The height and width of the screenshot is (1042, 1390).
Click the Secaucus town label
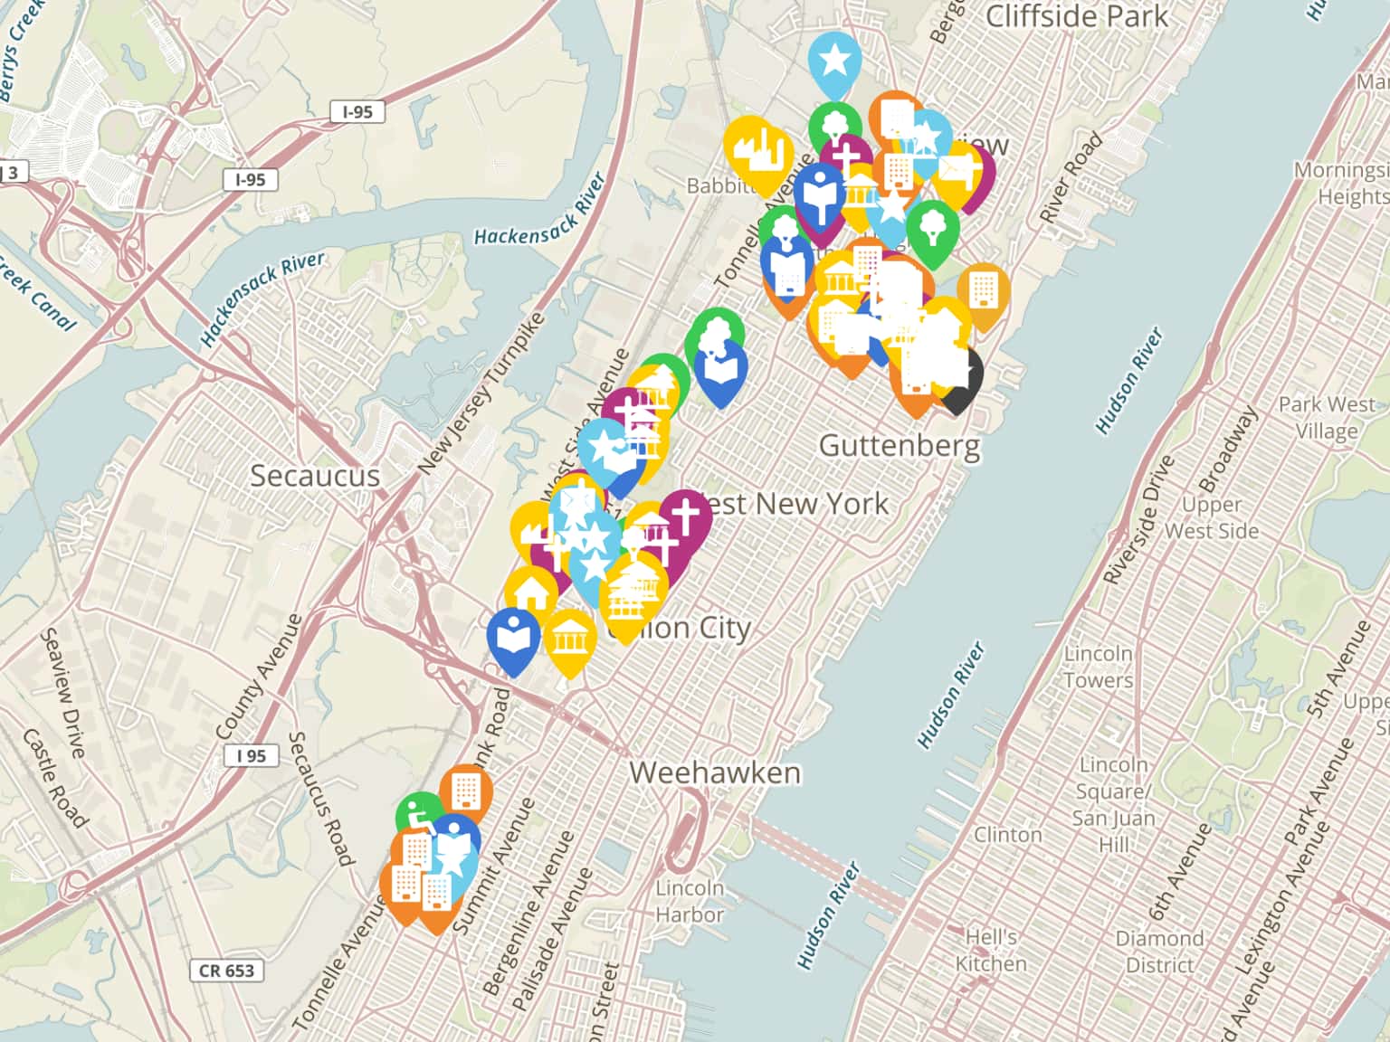314,476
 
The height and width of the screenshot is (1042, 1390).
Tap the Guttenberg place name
899,445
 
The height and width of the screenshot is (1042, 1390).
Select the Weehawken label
715,772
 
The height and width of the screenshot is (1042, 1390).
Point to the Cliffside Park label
1077,16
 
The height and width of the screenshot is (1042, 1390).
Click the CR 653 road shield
226,971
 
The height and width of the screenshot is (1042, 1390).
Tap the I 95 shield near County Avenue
251,755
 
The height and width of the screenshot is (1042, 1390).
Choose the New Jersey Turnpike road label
481,393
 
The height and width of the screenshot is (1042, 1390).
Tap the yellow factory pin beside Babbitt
757,149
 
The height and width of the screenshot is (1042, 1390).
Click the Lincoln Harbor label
690,901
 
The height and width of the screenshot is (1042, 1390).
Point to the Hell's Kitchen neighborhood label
991,950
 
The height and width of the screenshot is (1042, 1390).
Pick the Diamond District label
1159,952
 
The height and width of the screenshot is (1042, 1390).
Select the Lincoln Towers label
1098,667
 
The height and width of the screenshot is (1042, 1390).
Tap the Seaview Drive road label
63,693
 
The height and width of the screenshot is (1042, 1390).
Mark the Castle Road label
54,778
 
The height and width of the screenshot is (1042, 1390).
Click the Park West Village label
1327,417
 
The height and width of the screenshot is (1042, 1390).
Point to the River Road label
1071,177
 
